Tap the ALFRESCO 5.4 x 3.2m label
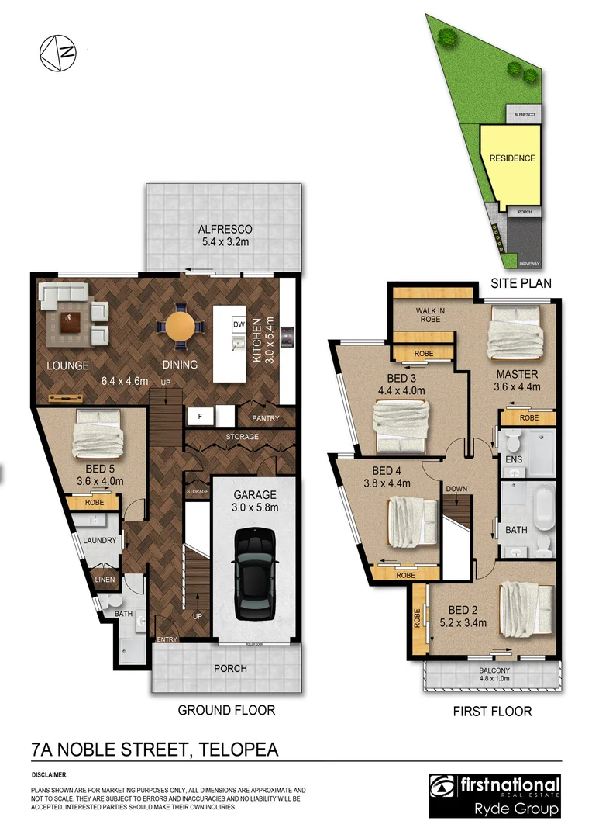(225, 235)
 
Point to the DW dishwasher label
(239, 324)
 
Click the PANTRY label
(264, 419)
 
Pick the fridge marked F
(200, 417)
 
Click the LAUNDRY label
(100, 541)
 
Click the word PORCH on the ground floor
(230, 668)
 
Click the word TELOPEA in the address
(239, 750)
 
